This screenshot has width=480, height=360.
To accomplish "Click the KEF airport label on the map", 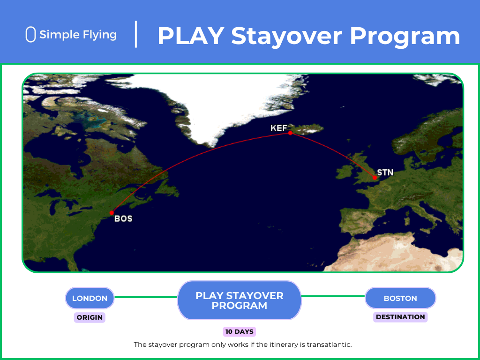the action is click(278, 128).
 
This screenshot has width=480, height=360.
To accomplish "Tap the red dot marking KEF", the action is click(290, 133).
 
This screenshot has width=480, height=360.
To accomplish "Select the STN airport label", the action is click(385, 172).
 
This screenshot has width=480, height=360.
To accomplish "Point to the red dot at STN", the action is click(375, 178).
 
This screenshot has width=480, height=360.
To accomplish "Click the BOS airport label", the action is click(123, 218).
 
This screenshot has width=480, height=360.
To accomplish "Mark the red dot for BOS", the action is click(112, 213).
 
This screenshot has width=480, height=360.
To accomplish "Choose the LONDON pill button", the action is click(90, 298).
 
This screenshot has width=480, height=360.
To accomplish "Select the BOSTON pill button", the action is click(400, 298).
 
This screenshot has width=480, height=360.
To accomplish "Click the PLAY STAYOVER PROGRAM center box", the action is click(240, 300).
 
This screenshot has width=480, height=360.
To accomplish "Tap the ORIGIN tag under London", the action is click(90, 317).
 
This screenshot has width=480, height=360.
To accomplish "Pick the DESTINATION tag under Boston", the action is click(400, 317).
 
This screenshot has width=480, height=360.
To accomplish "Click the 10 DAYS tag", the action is click(240, 331).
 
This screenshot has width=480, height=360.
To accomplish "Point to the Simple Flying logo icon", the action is click(30, 34).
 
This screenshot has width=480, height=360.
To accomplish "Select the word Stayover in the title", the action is click(286, 37).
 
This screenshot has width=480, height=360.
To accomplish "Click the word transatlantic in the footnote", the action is click(329, 345).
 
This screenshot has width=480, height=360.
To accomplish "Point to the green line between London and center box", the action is click(146, 297).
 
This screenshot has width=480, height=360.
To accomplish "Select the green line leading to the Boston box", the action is click(333, 296).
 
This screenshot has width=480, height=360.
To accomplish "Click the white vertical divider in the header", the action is click(136, 34).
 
